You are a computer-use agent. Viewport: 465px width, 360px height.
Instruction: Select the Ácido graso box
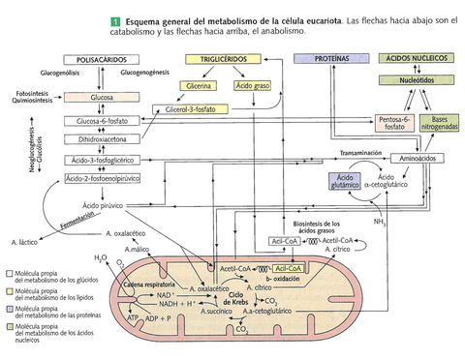[251, 85]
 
